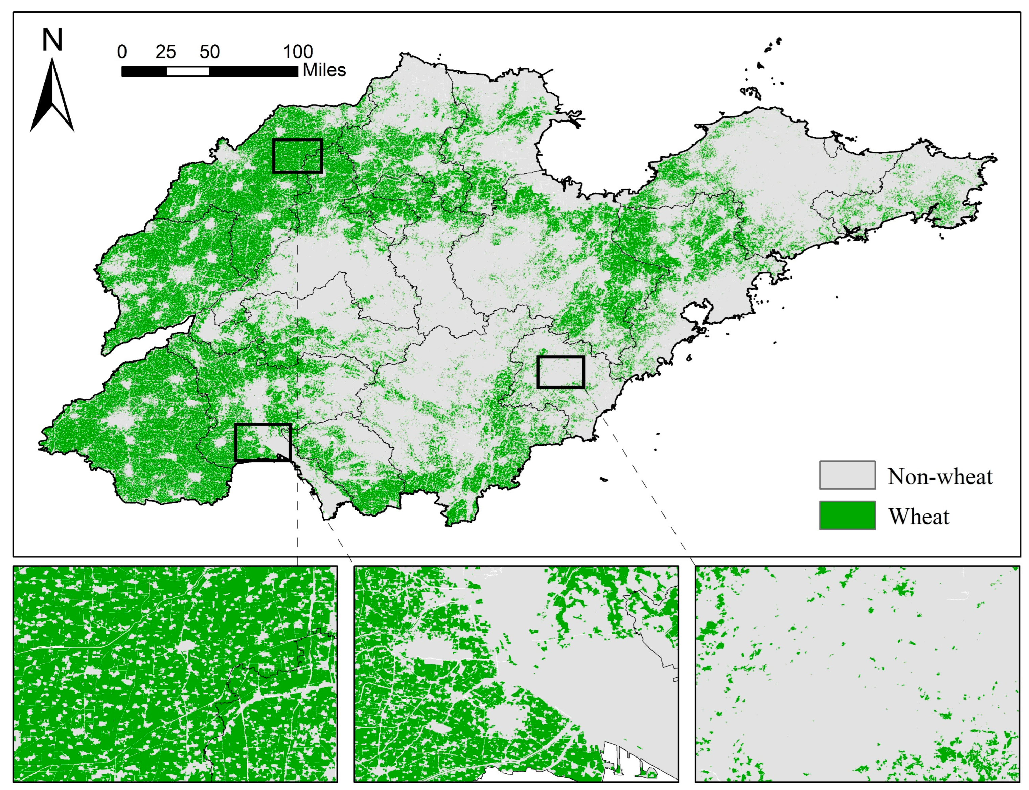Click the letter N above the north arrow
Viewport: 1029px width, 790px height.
coord(52,40)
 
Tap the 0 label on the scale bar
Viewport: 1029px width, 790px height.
coord(122,52)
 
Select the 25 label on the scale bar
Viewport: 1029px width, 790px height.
coord(165,52)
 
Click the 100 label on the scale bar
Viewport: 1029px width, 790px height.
coord(297,52)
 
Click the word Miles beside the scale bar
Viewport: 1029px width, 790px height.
coord(324,70)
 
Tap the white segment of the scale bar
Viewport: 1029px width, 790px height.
coord(188,71)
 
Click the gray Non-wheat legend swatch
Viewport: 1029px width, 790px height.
coord(847,475)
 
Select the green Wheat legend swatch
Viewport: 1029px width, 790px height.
coord(847,515)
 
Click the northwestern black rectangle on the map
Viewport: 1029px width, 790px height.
coord(297,156)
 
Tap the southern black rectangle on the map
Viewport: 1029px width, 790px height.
coord(262,442)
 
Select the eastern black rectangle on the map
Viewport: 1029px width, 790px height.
coord(561,372)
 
